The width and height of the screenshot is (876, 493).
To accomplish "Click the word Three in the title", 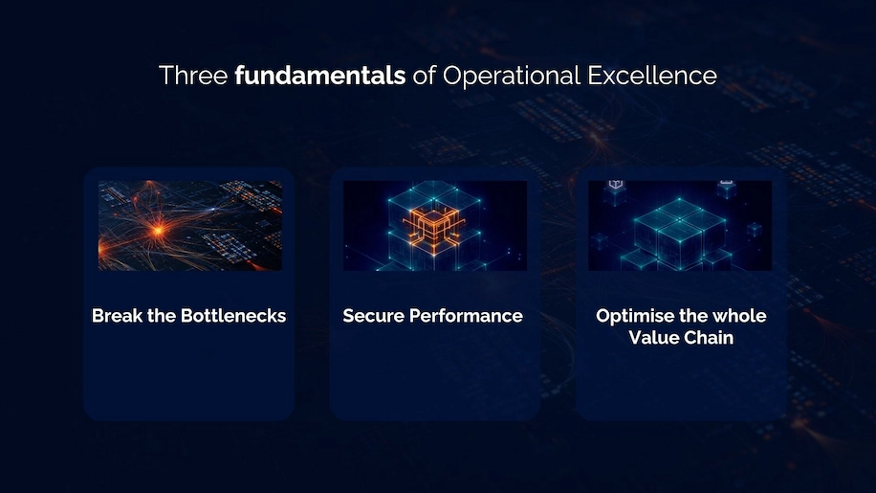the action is pos(193,75).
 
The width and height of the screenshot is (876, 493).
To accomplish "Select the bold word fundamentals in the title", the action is pos(320,75).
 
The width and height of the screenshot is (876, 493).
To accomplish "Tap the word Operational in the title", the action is pos(512,76).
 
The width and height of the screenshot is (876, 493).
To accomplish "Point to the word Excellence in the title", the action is pos(652,75).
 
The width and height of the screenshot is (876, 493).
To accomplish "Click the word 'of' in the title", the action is pos(424,75).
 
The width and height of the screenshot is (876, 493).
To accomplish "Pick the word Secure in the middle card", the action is pos(373,316).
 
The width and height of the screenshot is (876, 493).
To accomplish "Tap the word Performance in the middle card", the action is pos(466,316).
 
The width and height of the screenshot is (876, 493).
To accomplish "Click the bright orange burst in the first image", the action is pos(159,230).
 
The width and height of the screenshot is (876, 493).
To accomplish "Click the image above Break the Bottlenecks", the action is pos(190,225).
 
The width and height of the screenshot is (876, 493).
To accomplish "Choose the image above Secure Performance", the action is pos(434,225).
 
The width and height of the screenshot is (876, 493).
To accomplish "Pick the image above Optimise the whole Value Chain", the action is pos(680,225).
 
